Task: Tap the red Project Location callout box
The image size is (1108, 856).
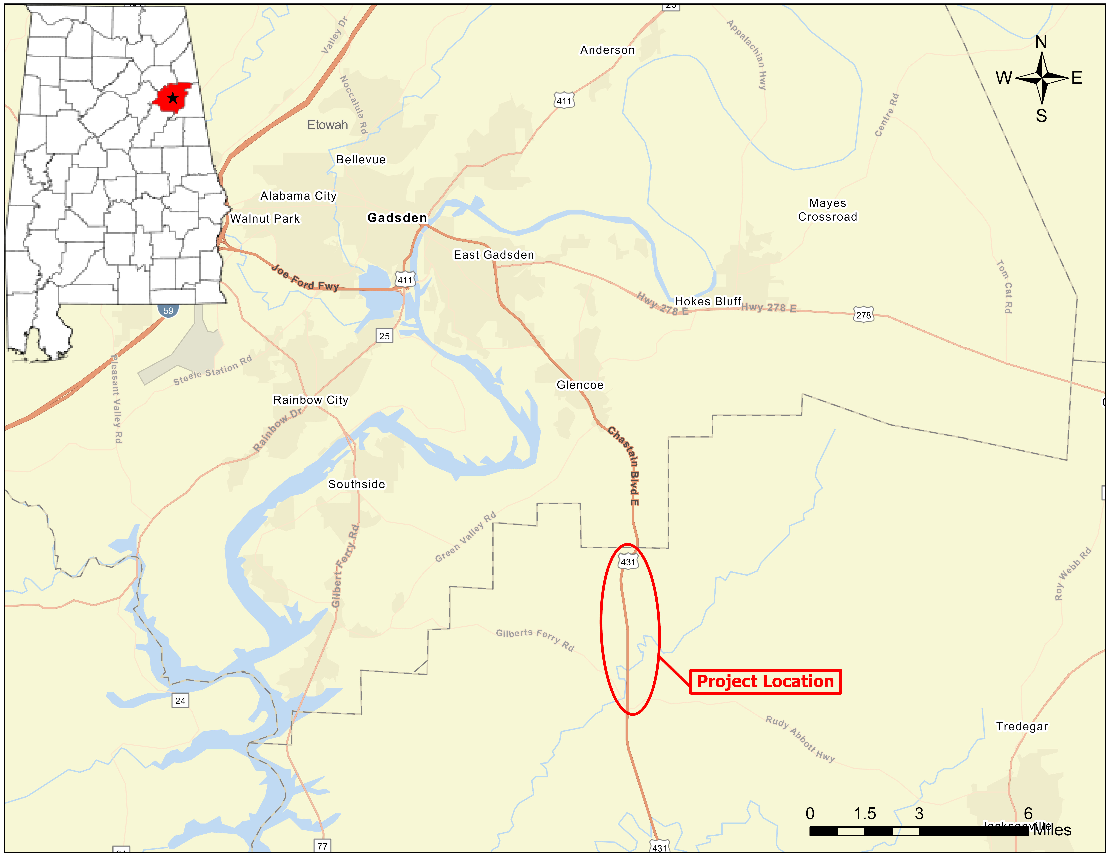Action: point(765,681)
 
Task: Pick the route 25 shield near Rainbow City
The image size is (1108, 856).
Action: point(384,336)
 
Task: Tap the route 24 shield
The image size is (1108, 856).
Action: point(180,700)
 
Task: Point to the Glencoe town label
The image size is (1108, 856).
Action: point(580,385)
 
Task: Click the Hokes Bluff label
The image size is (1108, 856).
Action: point(708,301)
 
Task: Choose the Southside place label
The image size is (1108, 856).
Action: point(357,484)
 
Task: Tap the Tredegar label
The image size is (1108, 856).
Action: point(1022,726)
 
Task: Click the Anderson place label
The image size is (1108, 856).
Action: point(607,50)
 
